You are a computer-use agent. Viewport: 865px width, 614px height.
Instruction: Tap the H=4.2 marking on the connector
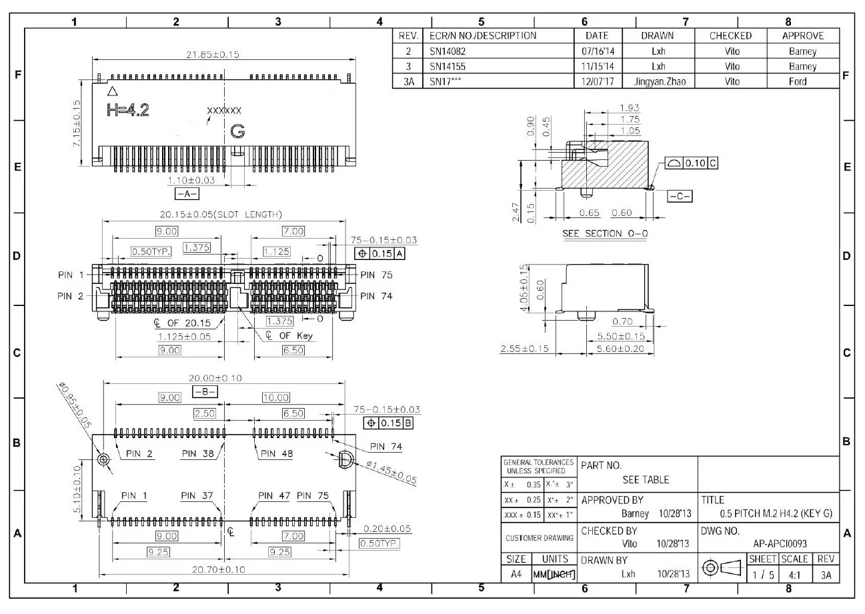pos(128,111)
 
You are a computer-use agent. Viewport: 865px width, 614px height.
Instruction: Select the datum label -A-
pos(187,194)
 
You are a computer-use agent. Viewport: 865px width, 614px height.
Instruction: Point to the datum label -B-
pos(204,391)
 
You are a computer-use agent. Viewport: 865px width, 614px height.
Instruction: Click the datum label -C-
pos(680,196)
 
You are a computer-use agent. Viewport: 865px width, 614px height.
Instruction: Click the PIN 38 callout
pos(199,453)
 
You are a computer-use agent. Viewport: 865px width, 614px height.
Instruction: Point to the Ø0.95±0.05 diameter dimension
pos(74,405)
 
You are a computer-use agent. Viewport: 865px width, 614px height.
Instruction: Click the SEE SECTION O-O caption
pos(606,233)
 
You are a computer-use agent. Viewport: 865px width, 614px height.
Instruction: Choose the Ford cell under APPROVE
pos(802,81)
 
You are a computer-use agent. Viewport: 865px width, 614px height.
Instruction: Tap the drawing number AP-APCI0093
pos(779,543)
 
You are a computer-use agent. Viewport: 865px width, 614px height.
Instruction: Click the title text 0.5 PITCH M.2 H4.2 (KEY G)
pos(776,513)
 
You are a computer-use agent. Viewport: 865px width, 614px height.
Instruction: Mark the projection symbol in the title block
pos(722,568)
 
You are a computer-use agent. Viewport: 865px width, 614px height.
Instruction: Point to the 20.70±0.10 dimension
pos(218,569)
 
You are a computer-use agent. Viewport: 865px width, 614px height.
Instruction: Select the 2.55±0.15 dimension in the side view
pos(525,349)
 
